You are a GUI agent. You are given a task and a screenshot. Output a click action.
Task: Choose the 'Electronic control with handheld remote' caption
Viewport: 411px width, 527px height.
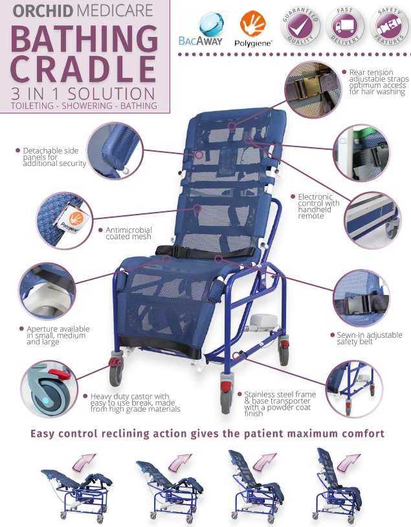coord(318,206)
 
